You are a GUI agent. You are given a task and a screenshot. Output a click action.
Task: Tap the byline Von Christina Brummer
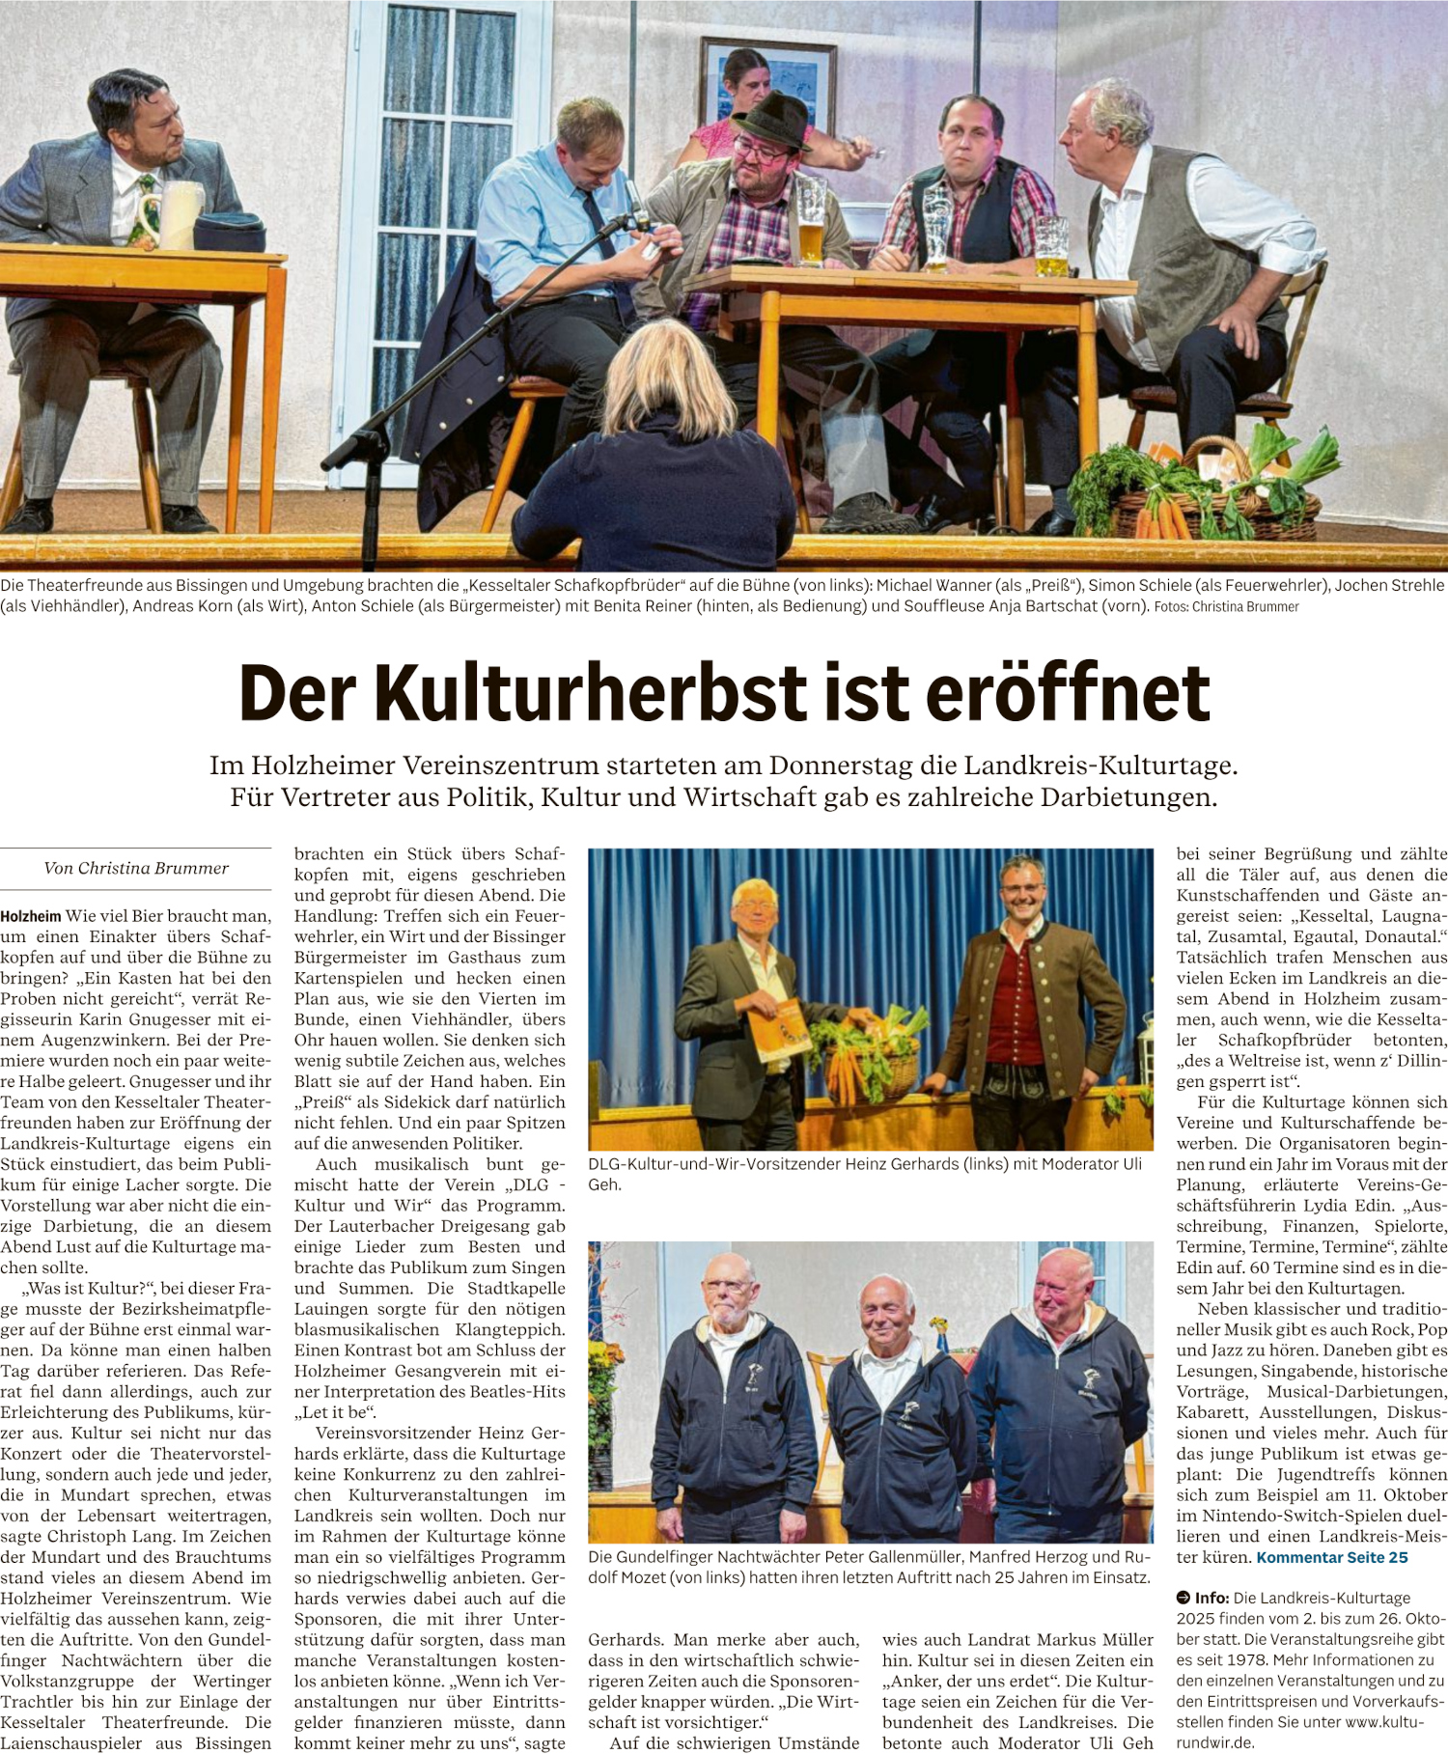coord(136,868)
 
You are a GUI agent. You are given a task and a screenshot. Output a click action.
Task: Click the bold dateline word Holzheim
coord(31,916)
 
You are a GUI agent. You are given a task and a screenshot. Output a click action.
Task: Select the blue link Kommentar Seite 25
coord(1331,1557)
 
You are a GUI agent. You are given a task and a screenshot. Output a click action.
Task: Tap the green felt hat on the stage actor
coord(771,120)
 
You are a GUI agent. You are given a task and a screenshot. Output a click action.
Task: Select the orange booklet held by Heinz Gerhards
coord(779,1030)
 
